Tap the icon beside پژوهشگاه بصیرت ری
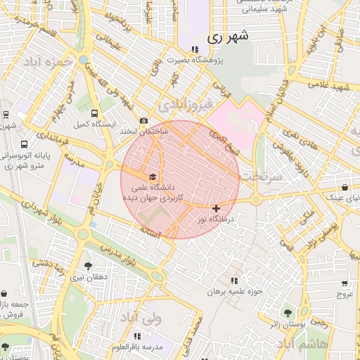tap(195, 49)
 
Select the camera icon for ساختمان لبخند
tap(144, 121)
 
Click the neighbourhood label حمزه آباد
tap(48, 62)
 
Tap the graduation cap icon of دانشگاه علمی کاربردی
tap(153, 176)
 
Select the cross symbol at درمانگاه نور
tap(215, 208)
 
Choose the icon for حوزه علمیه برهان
tap(234, 281)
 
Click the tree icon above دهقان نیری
tap(87, 266)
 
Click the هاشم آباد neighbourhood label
tap(302, 343)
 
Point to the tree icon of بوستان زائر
tap(287, 312)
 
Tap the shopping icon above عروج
tap(345, 283)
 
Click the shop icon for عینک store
tap(345, 188)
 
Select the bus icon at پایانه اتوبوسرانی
tap(25, 144)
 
